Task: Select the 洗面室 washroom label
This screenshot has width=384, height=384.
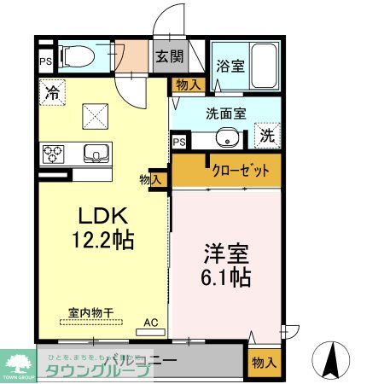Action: click(x=226, y=111)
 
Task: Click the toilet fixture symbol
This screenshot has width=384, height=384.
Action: click(x=78, y=55)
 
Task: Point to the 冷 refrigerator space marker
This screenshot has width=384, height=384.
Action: click(x=52, y=93)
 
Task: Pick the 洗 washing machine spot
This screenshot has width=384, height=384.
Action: click(x=266, y=134)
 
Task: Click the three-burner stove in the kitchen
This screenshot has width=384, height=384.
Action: click(x=54, y=154)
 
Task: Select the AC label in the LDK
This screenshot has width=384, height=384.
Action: click(x=150, y=322)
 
